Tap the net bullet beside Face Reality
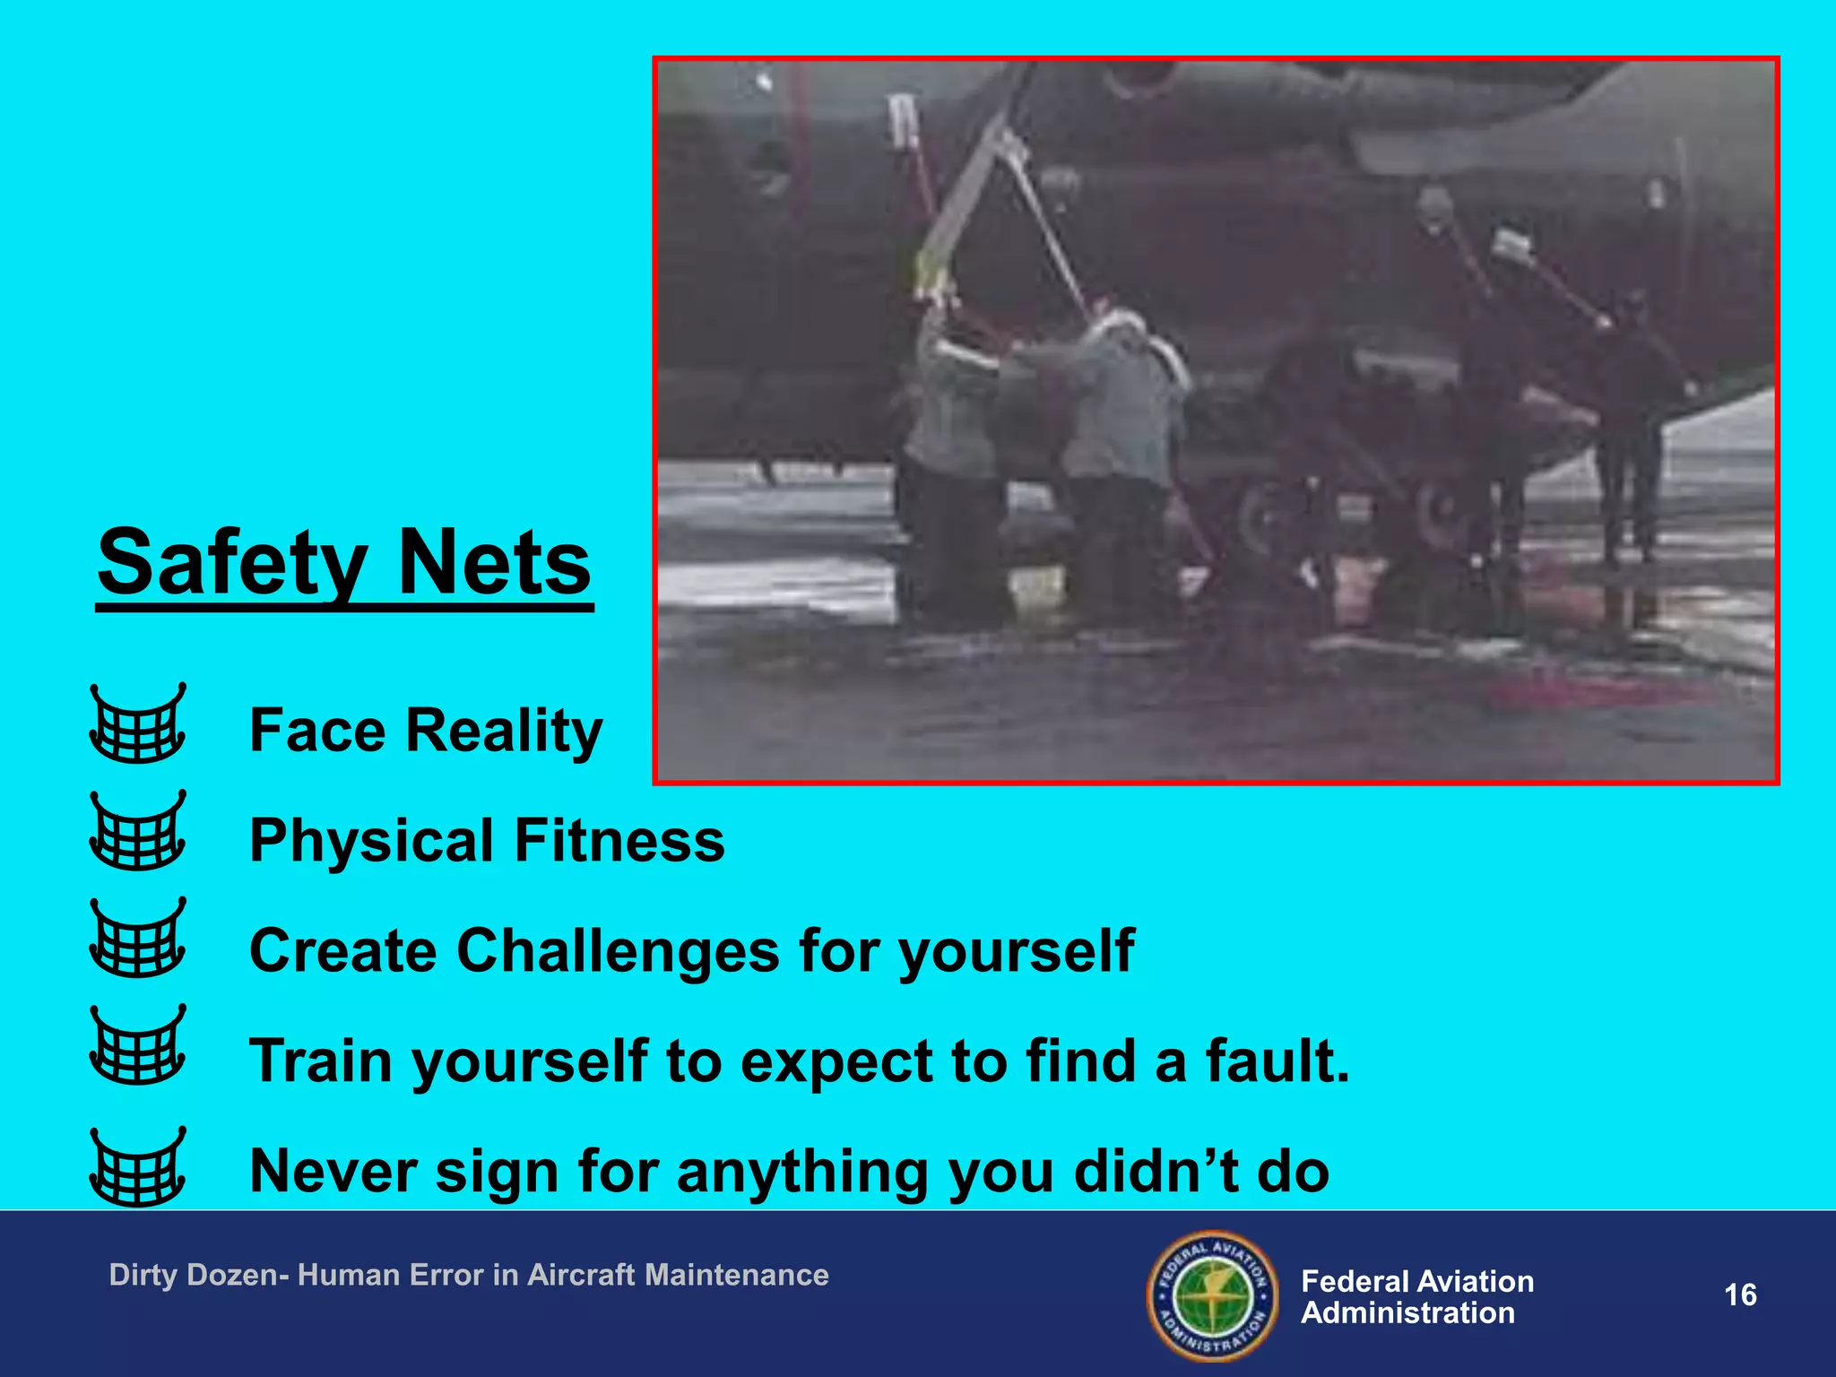[138, 723]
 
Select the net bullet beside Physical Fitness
[138, 831]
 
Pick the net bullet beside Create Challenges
[138, 938]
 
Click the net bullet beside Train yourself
[138, 1045]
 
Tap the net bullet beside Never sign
[138, 1167]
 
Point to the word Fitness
[619, 841]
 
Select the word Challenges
[618, 950]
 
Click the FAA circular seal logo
[1214, 1295]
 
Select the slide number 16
[1740, 1295]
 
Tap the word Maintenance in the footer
[736, 1275]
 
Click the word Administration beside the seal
[1407, 1313]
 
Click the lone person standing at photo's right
[1632, 421]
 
